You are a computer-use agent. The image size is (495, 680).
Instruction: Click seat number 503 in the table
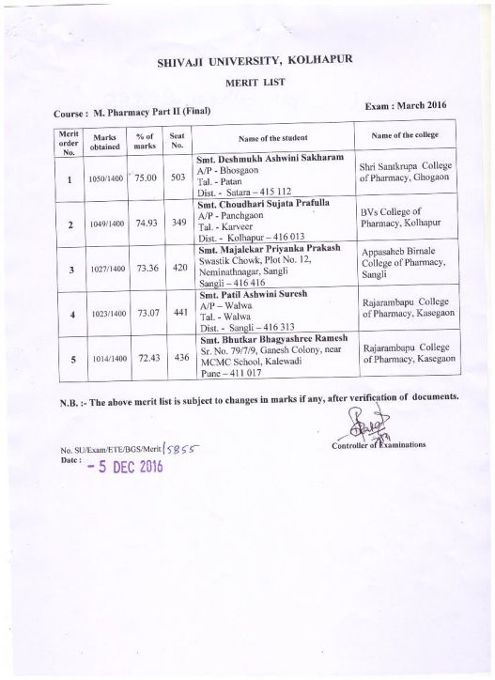tap(176, 176)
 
